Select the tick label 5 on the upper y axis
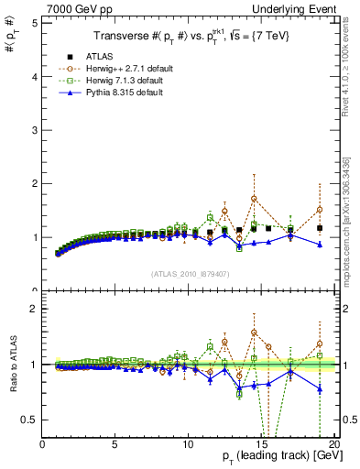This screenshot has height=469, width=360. tap(34, 22)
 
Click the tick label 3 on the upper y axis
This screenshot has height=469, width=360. tap(34, 130)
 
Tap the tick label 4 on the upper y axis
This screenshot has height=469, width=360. tap(34, 76)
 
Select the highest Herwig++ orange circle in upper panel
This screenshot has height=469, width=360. tap(254, 198)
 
